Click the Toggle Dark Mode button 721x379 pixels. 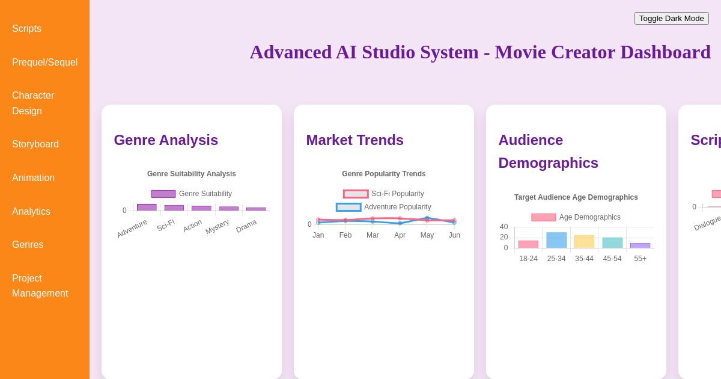click(671, 18)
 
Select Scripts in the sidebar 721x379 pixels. click(26, 28)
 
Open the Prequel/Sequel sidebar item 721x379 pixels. click(44, 62)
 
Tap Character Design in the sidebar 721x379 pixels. click(33, 103)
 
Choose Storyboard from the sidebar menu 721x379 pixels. click(35, 144)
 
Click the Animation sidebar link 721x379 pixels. click(33, 177)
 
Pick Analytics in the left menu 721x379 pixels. click(31, 211)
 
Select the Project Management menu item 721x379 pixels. click(40, 286)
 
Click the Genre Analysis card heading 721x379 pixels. click(166, 140)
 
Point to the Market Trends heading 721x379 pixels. click(354, 140)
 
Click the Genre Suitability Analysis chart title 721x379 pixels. click(191, 174)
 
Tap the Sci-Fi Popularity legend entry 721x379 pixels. click(384, 194)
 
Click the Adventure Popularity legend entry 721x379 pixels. click(384, 207)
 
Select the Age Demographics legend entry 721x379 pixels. click(576, 217)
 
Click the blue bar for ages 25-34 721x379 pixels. click(556, 240)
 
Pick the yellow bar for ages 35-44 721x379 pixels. click(584, 241)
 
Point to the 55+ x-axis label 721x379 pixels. click(640, 259)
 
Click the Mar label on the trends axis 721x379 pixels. click(373, 235)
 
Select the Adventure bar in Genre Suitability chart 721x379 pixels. click(147, 207)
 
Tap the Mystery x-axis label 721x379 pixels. click(218, 227)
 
